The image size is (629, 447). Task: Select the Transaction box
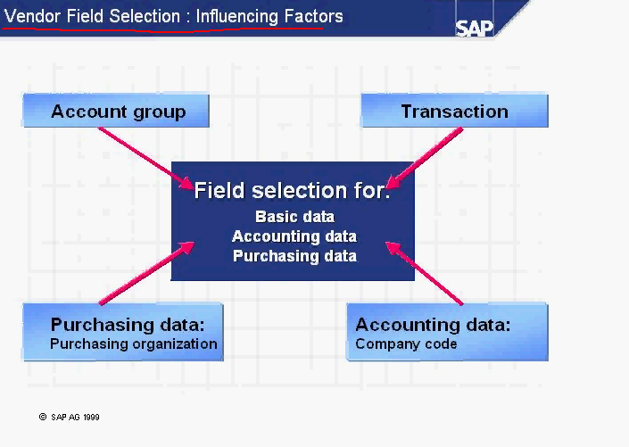click(454, 112)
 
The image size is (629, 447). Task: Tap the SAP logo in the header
click(475, 26)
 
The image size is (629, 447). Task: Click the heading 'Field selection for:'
click(292, 190)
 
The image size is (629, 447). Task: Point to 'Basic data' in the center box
click(294, 217)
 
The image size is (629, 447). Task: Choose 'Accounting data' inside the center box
click(294, 236)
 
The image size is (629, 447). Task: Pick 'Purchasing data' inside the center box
click(294, 256)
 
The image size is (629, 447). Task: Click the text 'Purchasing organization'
click(133, 344)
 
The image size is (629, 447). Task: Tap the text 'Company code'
click(406, 344)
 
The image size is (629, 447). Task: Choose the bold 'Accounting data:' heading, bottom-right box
click(433, 325)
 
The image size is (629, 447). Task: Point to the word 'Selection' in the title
click(145, 16)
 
